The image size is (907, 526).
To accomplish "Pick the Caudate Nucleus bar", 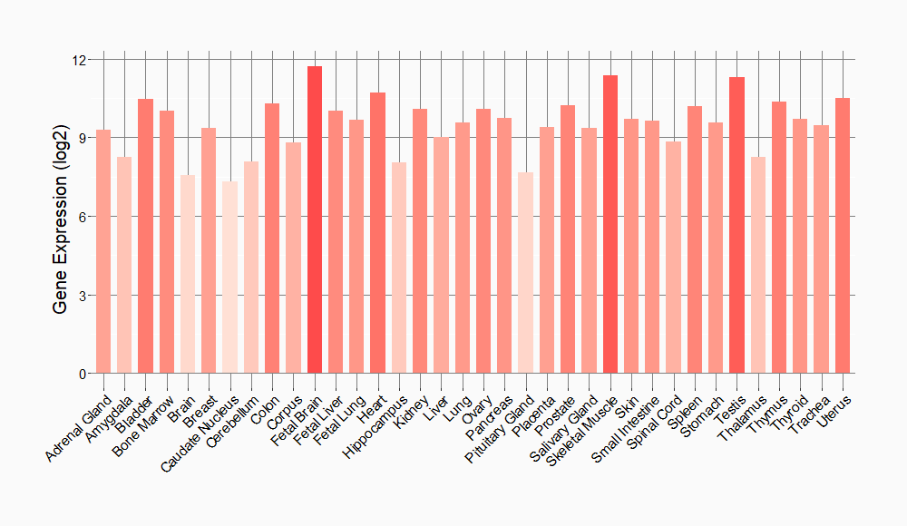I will (x=230, y=278).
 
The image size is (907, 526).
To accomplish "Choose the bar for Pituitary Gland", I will (x=526, y=273).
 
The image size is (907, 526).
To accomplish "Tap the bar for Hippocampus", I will (x=399, y=268).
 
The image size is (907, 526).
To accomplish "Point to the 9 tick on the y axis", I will (x=83, y=139).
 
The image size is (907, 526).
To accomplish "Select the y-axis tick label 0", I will (x=83, y=374).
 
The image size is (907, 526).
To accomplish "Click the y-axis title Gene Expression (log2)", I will (x=61, y=217).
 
